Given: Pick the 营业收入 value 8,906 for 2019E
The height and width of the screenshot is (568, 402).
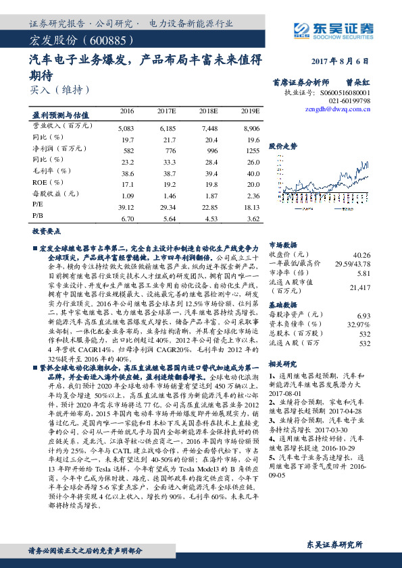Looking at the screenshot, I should point(250,127).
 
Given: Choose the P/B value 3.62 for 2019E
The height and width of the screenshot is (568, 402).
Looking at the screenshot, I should point(253,219).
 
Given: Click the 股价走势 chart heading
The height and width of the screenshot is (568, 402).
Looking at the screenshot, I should point(283,146).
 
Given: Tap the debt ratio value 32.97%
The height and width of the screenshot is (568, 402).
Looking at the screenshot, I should point(359,324).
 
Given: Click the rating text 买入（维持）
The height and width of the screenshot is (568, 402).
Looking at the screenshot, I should point(59,88).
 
